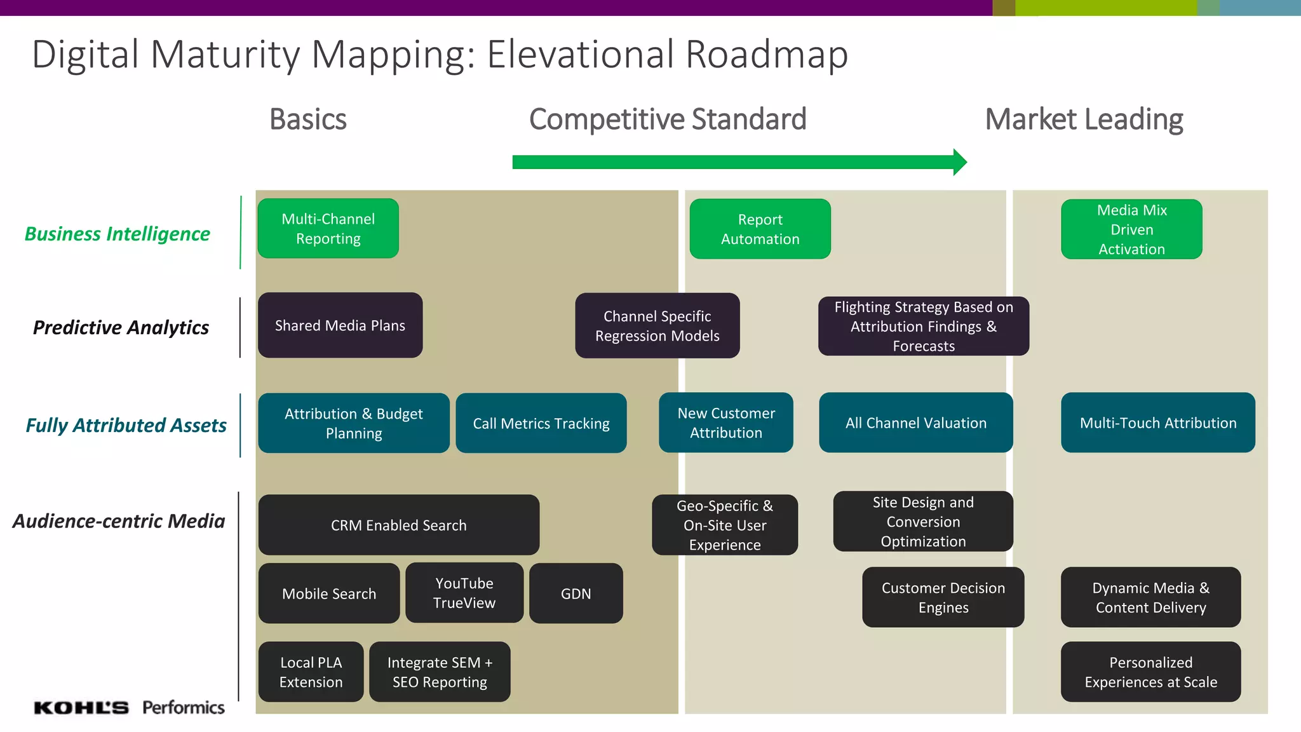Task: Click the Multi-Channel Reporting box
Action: click(x=328, y=229)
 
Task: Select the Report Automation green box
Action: click(x=760, y=229)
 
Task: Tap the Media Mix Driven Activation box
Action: click(x=1131, y=229)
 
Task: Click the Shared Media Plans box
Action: click(x=340, y=325)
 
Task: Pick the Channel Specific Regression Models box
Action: click(x=657, y=325)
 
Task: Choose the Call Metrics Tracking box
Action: click(x=541, y=423)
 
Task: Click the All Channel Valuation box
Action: click(x=915, y=423)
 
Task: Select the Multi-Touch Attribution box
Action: click(x=1157, y=423)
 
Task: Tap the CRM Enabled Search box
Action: click(x=398, y=525)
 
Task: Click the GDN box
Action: click(x=576, y=593)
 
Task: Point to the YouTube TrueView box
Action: click(x=464, y=593)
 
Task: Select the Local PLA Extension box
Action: click(x=311, y=672)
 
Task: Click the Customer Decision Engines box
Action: click(x=943, y=597)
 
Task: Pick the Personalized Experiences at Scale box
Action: click(x=1150, y=672)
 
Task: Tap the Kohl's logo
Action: click(x=81, y=707)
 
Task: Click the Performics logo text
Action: click(x=183, y=707)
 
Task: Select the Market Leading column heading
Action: click(x=1084, y=119)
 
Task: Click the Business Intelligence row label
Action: click(x=117, y=234)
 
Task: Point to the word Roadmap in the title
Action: click(x=767, y=55)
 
